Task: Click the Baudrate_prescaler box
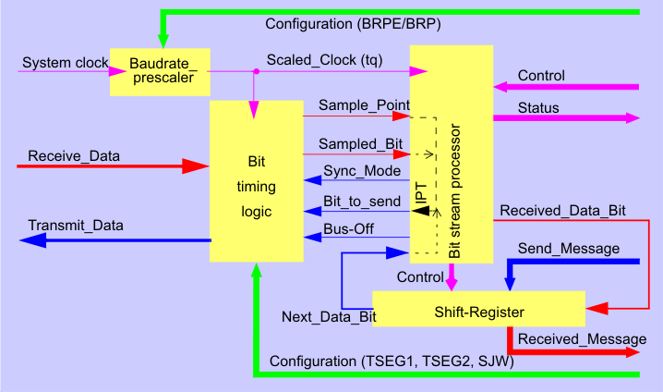(160, 71)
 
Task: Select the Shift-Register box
(479, 312)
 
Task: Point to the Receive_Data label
(74, 155)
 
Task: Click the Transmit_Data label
(76, 225)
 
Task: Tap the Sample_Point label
(364, 105)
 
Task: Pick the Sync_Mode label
(362, 171)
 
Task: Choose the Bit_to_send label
(362, 201)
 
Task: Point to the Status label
(538, 108)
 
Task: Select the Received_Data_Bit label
(562, 211)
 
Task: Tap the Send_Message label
(568, 249)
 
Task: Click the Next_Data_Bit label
(329, 317)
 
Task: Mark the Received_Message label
(582, 338)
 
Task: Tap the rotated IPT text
(421, 195)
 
